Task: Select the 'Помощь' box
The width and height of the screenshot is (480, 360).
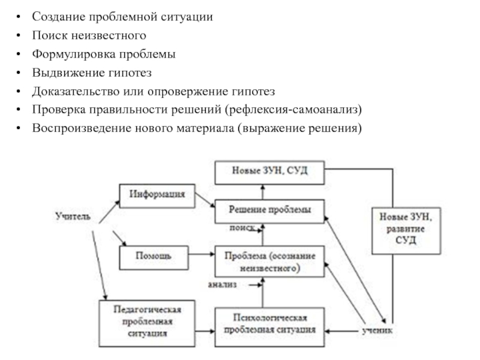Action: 155,256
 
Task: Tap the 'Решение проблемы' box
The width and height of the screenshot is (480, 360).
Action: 269,210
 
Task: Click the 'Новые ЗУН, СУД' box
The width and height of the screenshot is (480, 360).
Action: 269,172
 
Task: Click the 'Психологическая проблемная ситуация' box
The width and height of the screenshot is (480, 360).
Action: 269,324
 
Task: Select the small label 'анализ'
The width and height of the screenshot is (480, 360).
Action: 223,284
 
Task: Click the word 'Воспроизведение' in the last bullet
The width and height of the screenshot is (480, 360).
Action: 74,128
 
